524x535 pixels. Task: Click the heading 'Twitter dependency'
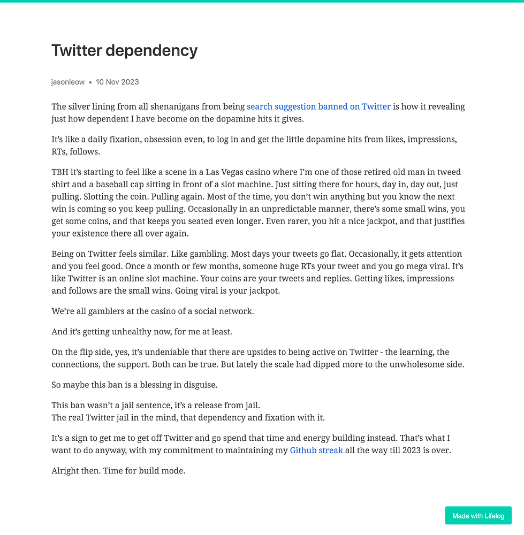[124, 51]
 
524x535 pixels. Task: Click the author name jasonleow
[68, 82]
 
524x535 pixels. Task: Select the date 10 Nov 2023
[117, 82]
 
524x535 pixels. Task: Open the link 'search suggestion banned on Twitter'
[318, 106]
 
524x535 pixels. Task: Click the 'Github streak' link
[316, 450]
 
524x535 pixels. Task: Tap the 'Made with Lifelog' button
[478, 516]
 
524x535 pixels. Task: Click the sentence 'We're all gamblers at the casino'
[153, 311]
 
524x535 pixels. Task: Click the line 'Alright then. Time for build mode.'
[118, 471]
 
